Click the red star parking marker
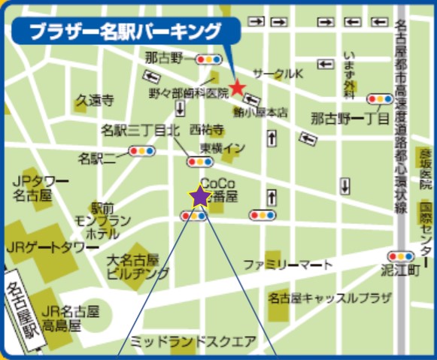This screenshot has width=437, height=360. coord(237,88)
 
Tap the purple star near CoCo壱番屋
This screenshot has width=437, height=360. coord(199,197)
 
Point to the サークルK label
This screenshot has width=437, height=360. coord(278,74)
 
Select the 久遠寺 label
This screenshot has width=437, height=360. coord(94,99)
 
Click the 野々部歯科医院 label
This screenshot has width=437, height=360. coord(187,92)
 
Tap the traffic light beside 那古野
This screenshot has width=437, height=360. coord(208,58)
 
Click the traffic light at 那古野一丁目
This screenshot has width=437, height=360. coord(378,98)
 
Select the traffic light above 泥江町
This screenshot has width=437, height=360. coord(399,256)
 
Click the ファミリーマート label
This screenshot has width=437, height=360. coord(287,265)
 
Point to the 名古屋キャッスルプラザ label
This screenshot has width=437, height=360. coord(330,298)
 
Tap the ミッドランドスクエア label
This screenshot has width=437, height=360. coord(193,340)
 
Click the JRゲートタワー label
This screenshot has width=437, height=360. coord(47,247)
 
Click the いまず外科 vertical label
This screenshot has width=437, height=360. coord(349,74)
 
